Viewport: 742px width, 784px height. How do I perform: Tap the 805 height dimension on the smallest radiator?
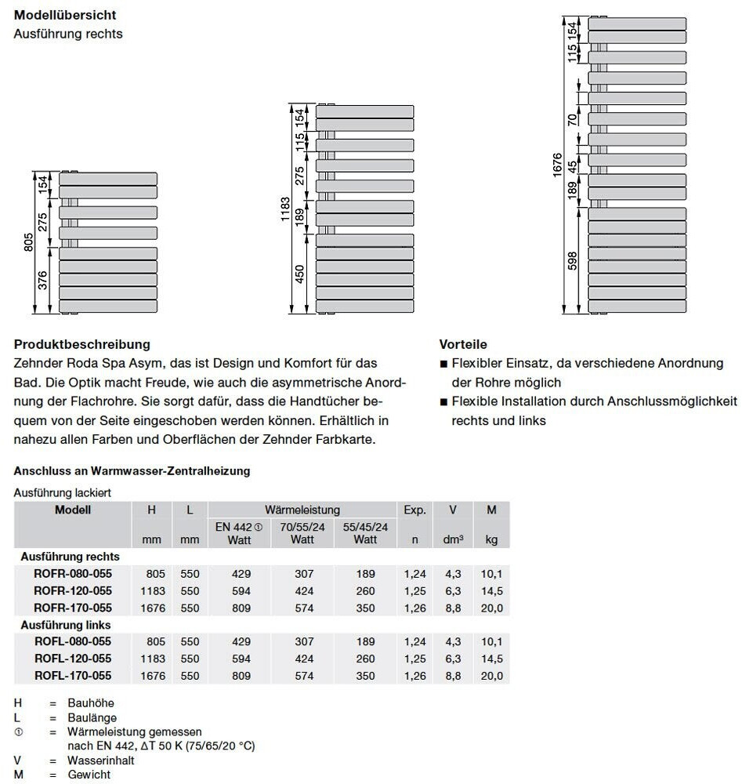pos(29,242)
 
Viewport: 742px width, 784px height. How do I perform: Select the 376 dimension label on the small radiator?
pos(43,280)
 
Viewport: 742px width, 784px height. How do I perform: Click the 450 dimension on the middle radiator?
pos(299,274)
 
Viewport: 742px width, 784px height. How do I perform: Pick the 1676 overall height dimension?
pos(557,165)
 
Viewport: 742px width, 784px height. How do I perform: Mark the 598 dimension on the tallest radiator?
pos(572,260)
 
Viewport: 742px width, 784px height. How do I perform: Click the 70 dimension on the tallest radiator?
pos(573,118)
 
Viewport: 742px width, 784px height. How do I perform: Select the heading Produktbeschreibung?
pos(82,344)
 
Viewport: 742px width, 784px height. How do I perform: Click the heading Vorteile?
pos(463,344)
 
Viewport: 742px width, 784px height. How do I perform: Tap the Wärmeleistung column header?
pos(302,510)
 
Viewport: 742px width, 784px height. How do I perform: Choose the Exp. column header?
pos(414,510)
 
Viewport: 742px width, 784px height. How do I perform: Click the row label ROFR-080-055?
pos(73,574)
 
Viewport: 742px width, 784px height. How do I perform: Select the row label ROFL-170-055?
pos(73,676)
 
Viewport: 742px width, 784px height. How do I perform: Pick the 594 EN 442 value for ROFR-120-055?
pos(241,591)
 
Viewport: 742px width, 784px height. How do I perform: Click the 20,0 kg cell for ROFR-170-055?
pos(492,608)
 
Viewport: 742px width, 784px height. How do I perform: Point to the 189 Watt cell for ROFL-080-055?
pos(365,642)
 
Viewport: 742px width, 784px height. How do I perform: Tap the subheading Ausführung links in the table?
pos(66,625)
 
